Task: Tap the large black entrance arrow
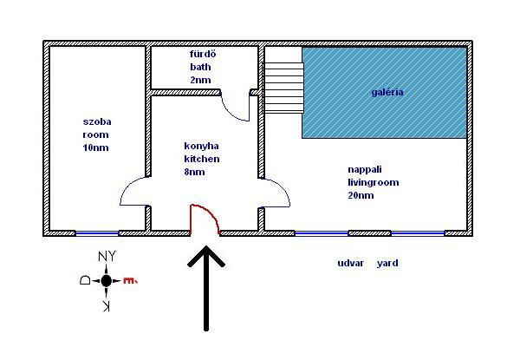tap(206, 289)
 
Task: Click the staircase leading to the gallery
tap(284, 88)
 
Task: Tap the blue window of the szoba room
tap(97, 233)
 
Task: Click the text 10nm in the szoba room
tap(95, 147)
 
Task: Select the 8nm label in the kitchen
tap(194, 172)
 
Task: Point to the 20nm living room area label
tap(361, 195)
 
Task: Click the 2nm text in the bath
tap(200, 80)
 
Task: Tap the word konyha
tap(201, 147)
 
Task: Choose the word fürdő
tap(203, 54)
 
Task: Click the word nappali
tap(365, 170)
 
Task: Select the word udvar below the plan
tap(350, 263)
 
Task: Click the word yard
tap(387, 264)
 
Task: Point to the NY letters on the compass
tap(107, 257)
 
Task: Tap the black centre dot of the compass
tap(106, 281)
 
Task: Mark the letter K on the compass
tap(106, 306)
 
